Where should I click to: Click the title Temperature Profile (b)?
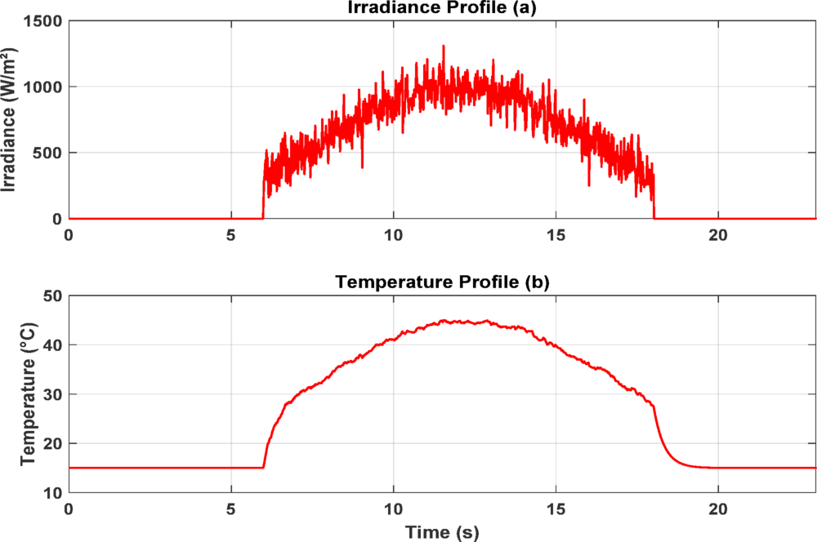(442, 282)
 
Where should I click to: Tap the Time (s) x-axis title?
(442, 532)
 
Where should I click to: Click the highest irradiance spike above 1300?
(444, 47)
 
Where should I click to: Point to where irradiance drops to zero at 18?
(654, 218)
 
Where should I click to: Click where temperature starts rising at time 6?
(263, 467)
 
